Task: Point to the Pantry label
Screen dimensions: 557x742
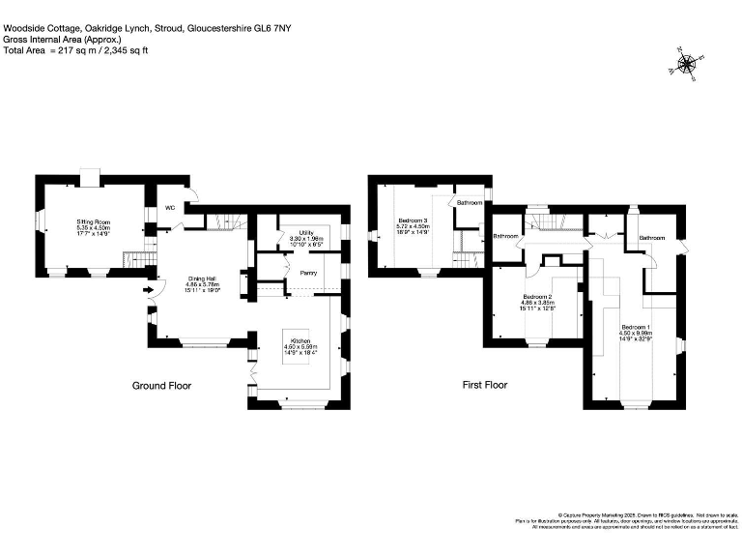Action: click(x=308, y=273)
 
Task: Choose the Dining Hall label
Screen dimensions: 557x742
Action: click(x=203, y=278)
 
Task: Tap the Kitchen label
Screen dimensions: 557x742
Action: click(x=299, y=342)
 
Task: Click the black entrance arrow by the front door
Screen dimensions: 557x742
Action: click(x=148, y=288)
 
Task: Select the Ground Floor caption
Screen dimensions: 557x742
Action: click(x=161, y=385)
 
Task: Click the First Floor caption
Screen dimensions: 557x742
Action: click(x=484, y=385)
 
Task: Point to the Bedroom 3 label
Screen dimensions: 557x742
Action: click(x=413, y=221)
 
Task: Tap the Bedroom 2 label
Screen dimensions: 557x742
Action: click(x=536, y=296)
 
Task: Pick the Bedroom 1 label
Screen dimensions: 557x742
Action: click(x=635, y=328)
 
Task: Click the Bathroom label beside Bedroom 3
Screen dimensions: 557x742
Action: click(x=470, y=203)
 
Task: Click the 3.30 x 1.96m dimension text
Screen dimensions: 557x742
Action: click(x=307, y=239)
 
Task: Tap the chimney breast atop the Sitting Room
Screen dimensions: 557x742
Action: click(x=89, y=176)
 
